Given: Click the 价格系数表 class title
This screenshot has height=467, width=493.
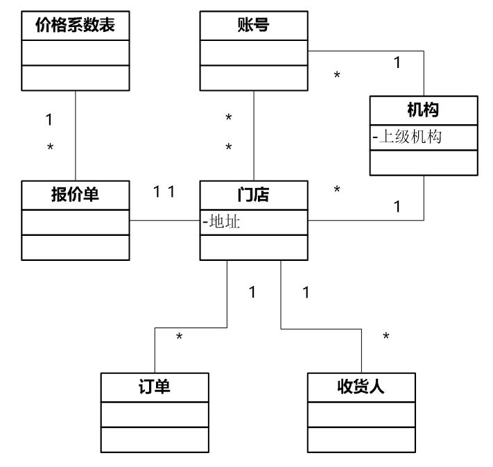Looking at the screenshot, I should [x=75, y=26].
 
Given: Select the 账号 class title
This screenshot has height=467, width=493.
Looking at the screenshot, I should [x=253, y=26].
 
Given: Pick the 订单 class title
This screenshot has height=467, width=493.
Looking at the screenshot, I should [x=154, y=387].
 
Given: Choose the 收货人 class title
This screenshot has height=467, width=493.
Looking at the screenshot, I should [x=361, y=387].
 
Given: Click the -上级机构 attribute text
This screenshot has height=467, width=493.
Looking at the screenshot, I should [x=407, y=137].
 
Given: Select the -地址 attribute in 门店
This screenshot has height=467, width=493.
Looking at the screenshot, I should [x=221, y=223].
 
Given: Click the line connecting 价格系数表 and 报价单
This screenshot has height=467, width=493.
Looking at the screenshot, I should [x=75, y=135].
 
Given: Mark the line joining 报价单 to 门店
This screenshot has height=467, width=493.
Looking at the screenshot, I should [x=164, y=221].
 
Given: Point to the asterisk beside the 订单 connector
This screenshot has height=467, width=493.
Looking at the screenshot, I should [x=179, y=338].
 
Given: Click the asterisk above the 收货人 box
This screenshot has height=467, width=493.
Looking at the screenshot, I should [x=386, y=338].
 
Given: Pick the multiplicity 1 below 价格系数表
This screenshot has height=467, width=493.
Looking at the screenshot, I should [x=49, y=120].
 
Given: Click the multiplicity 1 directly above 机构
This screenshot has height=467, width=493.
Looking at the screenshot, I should [x=397, y=62].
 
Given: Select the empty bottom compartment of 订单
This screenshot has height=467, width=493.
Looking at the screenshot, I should [x=154, y=439].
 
